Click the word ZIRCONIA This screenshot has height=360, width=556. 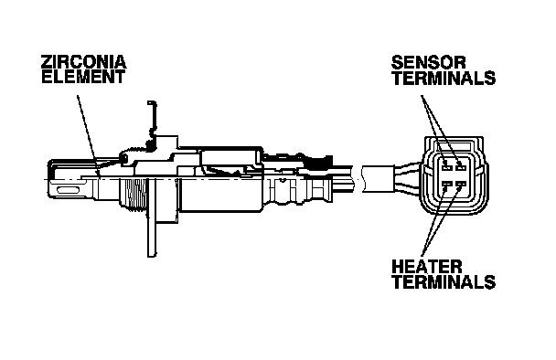(x=84, y=61)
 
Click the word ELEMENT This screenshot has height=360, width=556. (x=83, y=77)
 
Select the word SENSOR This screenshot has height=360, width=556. (x=428, y=62)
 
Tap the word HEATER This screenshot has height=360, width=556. (x=426, y=267)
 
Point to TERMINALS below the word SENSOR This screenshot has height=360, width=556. (x=444, y=78)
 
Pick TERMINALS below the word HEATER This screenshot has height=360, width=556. (x=444, y=282)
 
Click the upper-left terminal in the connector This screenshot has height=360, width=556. (x=445, y=164)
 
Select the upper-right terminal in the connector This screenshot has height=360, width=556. (x=460, y=164)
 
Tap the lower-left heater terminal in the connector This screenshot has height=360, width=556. (x=445, y=185)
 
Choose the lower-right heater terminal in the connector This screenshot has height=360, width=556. (x=460, y=185)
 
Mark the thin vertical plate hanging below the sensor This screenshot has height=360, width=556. (x=152, y=217)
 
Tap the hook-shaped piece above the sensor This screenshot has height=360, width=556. (x=153, y=122)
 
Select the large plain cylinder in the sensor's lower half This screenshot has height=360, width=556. (x=220, y=195)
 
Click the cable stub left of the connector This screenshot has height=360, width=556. (x=378, y=179)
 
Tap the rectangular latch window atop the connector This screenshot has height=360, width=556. (x=454, y=145)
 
